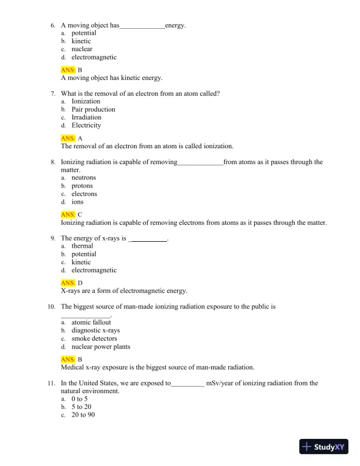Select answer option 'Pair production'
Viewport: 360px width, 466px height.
[93, 109]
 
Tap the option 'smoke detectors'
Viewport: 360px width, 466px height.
[94, 339]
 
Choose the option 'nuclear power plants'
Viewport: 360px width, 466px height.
[101, 347]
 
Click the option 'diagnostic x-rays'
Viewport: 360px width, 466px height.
[95, 331]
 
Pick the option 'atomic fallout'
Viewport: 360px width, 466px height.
[91, 322]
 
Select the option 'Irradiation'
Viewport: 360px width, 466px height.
[86, 118]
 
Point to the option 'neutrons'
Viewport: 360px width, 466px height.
[84, 178]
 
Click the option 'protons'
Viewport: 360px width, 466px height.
[82, 186]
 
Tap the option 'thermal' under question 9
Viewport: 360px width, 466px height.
[82, 246]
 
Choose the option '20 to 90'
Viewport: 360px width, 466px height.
[83, 415]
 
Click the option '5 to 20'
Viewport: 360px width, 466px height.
[81, 407]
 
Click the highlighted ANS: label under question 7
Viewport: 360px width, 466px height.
[68, 138]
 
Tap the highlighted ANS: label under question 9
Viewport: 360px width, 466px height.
[68, 283]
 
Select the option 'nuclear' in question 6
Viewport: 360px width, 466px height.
[82, 49]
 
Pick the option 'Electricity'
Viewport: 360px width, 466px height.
[86, 125]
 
